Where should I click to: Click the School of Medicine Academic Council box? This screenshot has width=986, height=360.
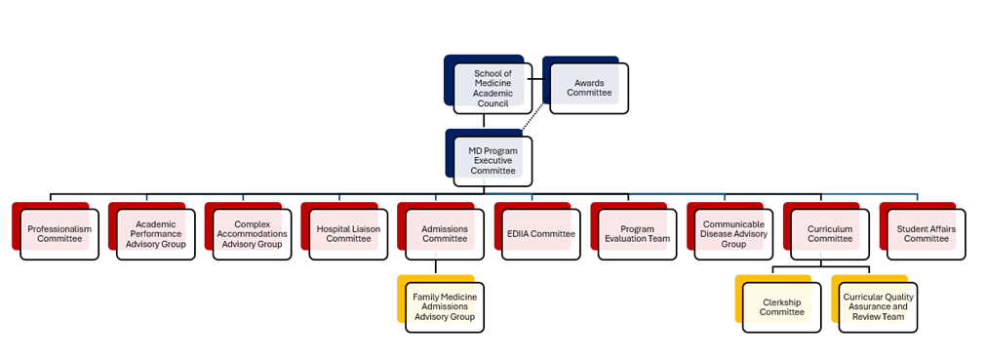(x=493, y=88)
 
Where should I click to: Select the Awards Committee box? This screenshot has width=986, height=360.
(x=589, y=88)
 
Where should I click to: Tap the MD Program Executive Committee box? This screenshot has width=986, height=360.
(x=493, y=157)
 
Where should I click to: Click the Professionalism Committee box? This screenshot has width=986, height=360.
(x=59, y=234)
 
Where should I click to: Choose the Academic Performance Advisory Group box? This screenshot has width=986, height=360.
(x=156, y=234)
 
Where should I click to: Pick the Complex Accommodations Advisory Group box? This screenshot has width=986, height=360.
(x=252, y=234)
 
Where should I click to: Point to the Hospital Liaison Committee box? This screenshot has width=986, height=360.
(x=348, y=234)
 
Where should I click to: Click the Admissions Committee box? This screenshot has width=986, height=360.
(x=445, y=234)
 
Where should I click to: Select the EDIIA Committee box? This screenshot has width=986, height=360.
(x=540, y=234)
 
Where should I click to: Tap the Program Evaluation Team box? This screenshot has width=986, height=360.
(x=637, y=234)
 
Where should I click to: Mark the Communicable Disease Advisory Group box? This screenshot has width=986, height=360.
(x=732, y=234)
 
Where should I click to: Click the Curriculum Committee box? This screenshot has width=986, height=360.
(x=829, y=234)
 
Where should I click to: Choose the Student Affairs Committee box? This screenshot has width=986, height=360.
(x=926, y=234)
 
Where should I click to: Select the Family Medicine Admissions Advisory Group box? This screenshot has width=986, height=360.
(x=445, y=307)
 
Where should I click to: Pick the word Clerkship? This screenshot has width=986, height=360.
(x=781, y=302)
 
